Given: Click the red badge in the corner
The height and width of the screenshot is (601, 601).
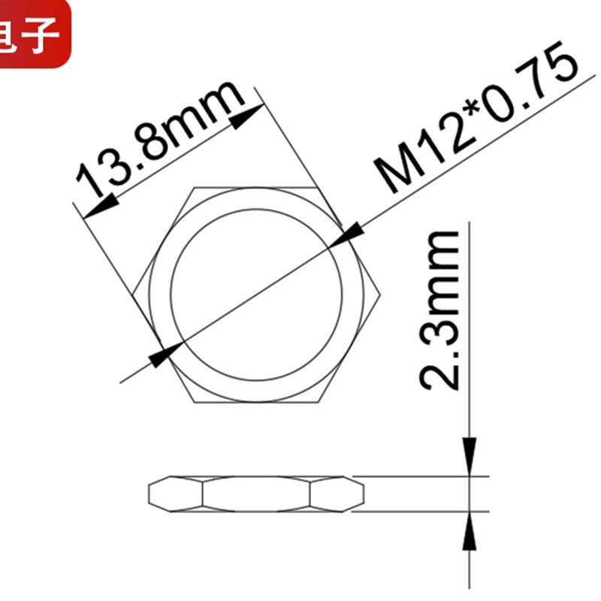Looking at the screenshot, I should click(x=35, y=33).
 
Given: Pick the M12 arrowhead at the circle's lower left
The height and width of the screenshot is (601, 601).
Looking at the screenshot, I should click(x=165, y=354).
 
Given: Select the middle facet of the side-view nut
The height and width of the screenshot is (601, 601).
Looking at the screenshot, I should click(x=256, y=494).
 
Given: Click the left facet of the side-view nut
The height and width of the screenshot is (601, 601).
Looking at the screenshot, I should click(x=176, y=494).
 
